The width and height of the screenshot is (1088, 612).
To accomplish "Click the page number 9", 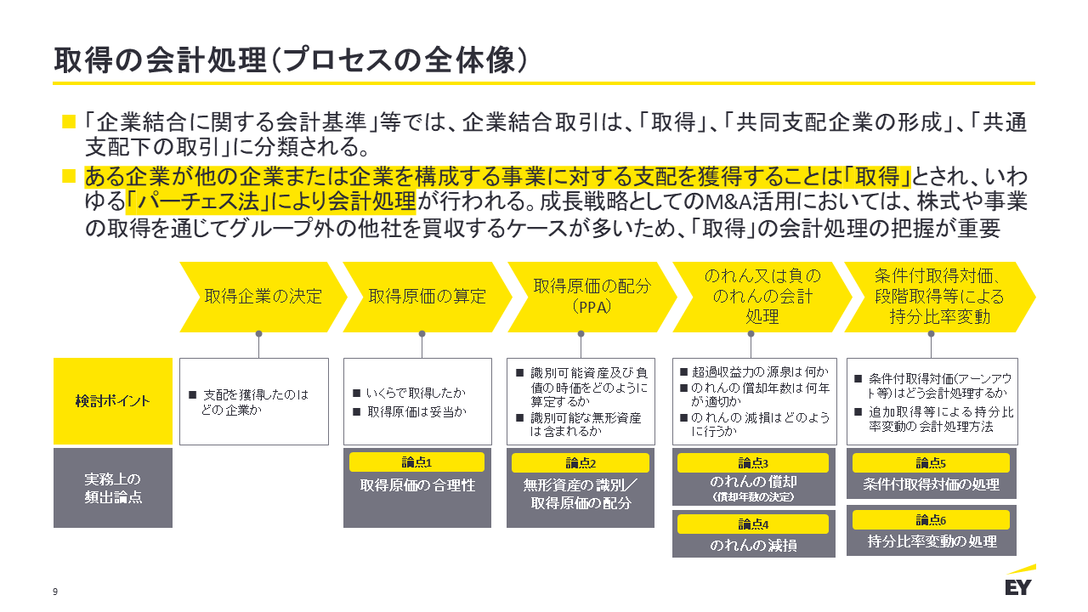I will [55, 592].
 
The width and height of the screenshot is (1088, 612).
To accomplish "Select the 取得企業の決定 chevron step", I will [263, 296].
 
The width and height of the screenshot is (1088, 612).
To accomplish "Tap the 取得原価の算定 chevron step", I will [427, 296].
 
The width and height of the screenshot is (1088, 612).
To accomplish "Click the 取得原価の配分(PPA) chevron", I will [592, 296].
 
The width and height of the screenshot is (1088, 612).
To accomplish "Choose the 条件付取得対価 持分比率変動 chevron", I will [935, 296].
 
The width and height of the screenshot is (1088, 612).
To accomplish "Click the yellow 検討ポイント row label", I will [112, 400].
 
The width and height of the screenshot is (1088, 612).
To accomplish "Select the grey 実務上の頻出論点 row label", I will [112, 488].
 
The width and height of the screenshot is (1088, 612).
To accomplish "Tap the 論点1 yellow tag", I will [416, 462].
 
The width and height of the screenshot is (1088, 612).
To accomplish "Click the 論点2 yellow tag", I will [581, 463].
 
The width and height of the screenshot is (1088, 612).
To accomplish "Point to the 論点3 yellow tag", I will [752, 463].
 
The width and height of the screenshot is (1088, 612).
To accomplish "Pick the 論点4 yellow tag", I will [752, 524].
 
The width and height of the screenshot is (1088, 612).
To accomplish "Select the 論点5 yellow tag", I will [931, 463].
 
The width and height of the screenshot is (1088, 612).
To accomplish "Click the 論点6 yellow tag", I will [931, 519].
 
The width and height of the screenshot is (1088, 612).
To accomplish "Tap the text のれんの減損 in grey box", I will [753, 546].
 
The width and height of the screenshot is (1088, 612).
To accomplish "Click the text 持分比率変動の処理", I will [932, 541].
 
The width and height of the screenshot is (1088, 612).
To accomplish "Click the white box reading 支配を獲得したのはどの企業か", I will [254, 401].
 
